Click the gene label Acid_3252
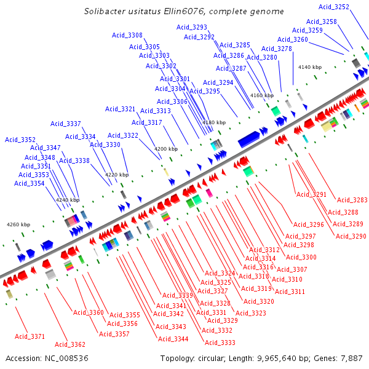(334, 7)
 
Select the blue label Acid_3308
(127, 36)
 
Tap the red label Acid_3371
(30, 336)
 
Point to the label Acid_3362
(70, 344)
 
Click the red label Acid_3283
(352, 200)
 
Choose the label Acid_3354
(30, 183)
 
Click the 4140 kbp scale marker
(309, 67)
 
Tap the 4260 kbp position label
(18, 224)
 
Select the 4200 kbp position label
(165, 149)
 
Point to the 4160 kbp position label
(261, 95)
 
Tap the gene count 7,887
(351, 358)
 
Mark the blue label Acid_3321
(120, 109)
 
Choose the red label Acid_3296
(308, 224)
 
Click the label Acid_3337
(65, 124)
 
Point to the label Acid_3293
(192, 27)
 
